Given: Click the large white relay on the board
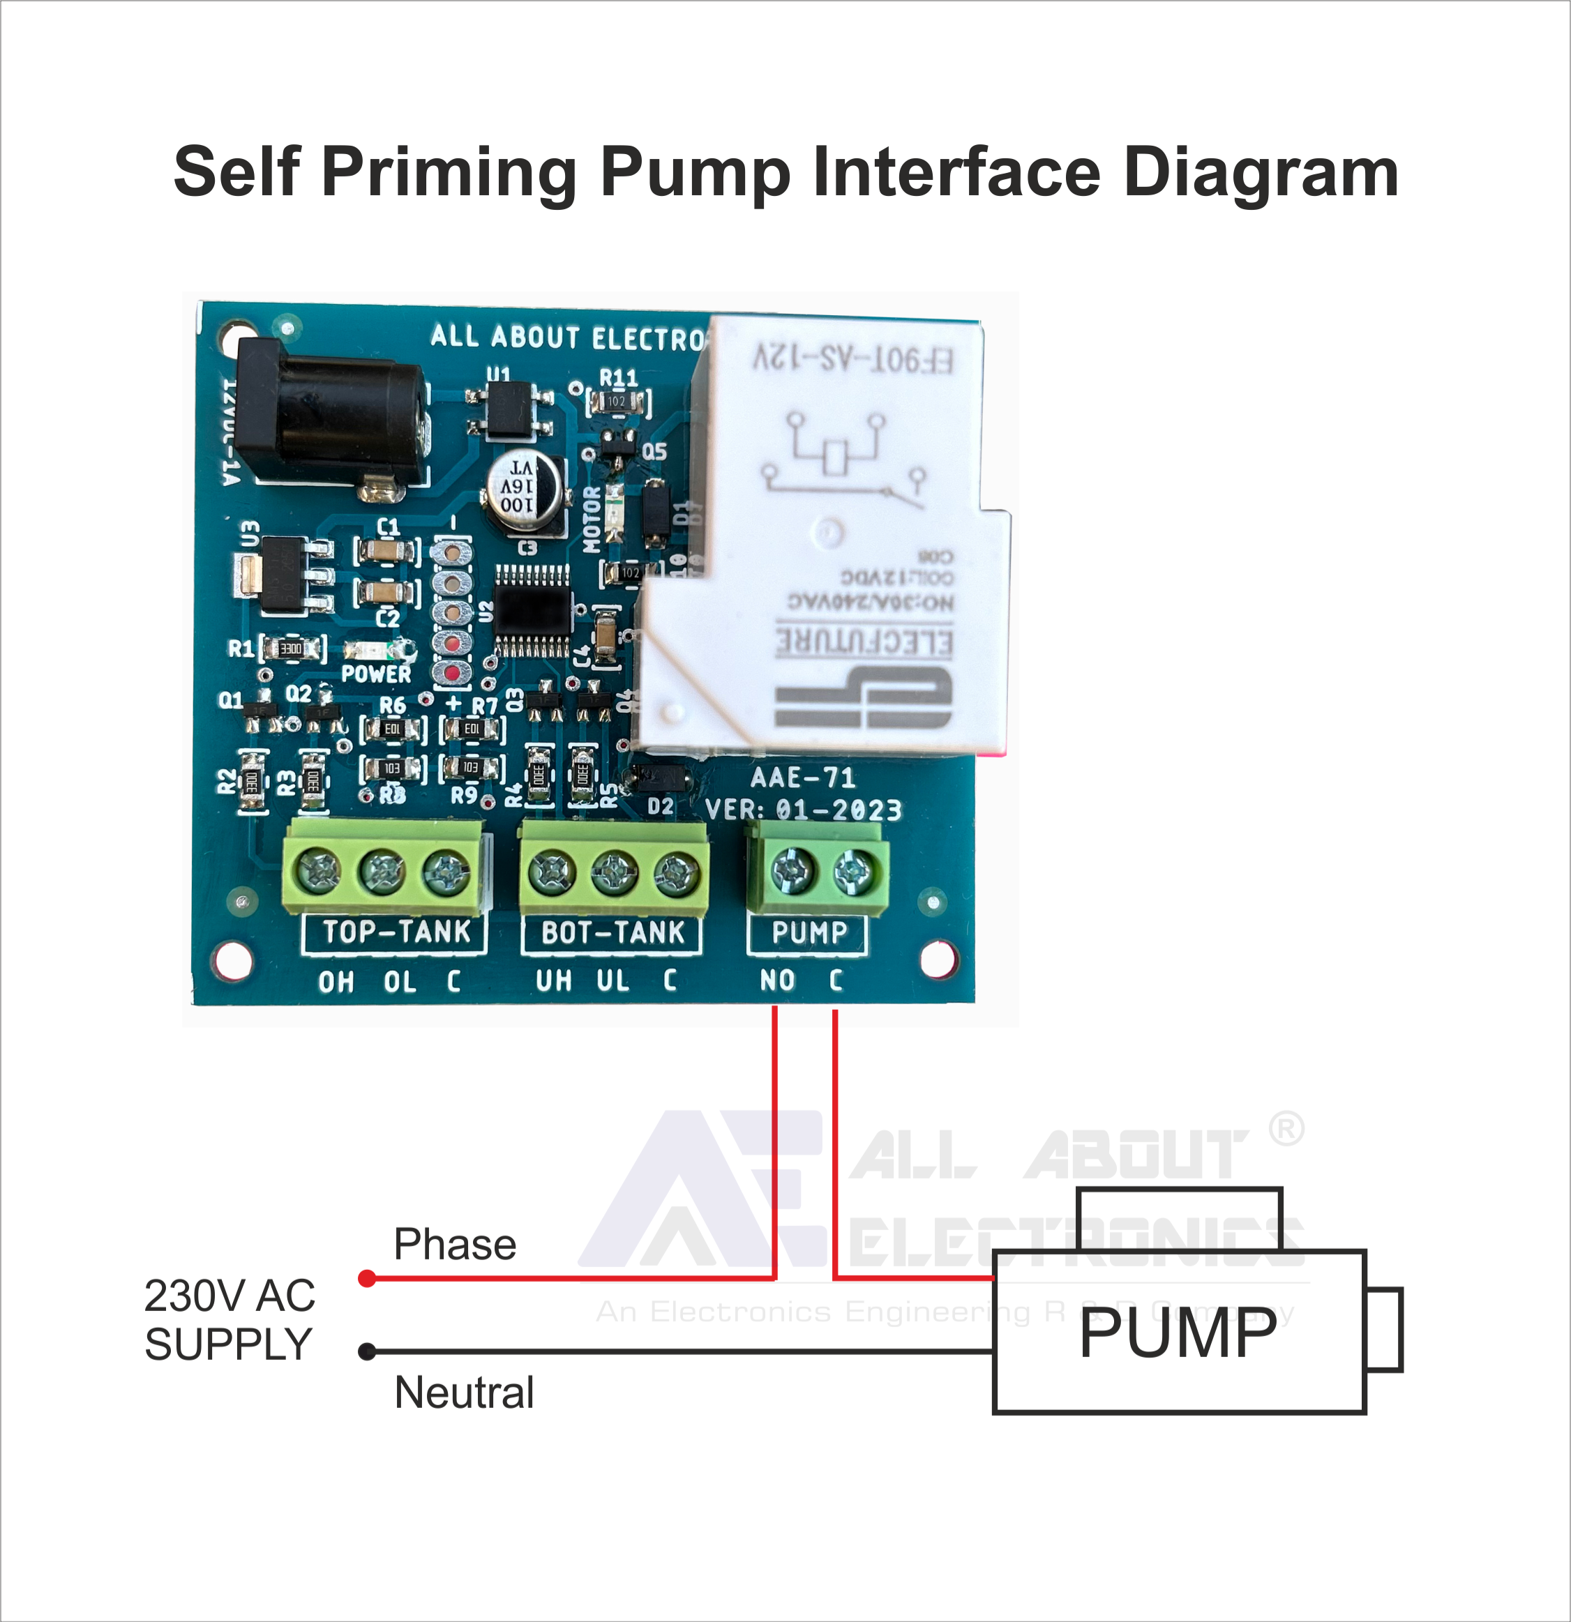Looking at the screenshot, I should [836, 538].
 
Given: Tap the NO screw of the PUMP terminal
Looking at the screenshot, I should [792, 870].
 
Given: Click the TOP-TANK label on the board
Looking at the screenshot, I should [396, 932].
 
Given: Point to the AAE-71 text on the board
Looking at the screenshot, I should [802, 777].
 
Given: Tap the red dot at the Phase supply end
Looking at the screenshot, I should [368, 1279].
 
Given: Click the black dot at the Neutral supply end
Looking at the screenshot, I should [368, 1352].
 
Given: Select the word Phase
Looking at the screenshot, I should [454, 1244].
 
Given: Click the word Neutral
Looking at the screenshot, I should [463, 1393].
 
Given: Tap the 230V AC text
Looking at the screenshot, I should [230, 1295].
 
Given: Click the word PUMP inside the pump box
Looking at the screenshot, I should [1178, 1334].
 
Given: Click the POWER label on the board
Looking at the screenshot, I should [376, 674].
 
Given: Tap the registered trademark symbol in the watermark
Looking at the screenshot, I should [1286, 1129].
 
